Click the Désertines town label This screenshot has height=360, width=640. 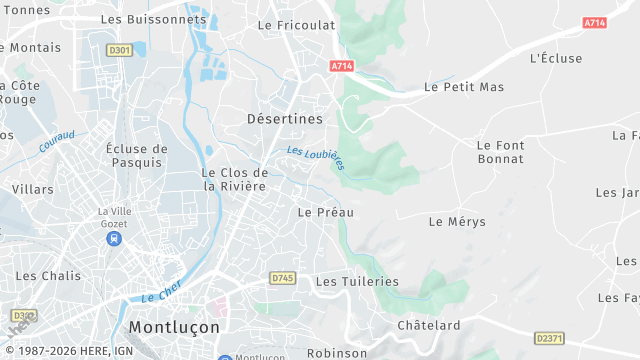pos(285,118)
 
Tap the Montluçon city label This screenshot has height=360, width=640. pos(174,327)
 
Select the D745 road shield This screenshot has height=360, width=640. pos(282,278)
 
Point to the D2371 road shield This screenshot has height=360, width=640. pos(549,338)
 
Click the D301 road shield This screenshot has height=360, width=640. pos(119,49)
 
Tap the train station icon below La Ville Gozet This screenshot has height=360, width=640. pos(115,240)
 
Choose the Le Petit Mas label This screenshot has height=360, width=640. pos(464,87)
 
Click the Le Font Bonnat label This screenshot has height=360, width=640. pos(500,152)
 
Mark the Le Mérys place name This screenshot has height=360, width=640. pos(457,221)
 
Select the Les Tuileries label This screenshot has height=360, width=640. pos(357,281)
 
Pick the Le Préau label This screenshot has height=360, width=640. pos(326,212)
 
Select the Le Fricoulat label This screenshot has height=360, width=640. pos(296,25)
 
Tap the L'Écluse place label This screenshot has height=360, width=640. pos(556,58)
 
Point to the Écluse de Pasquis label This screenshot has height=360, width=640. pos(136,155)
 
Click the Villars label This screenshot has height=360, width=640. pos(33,188)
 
